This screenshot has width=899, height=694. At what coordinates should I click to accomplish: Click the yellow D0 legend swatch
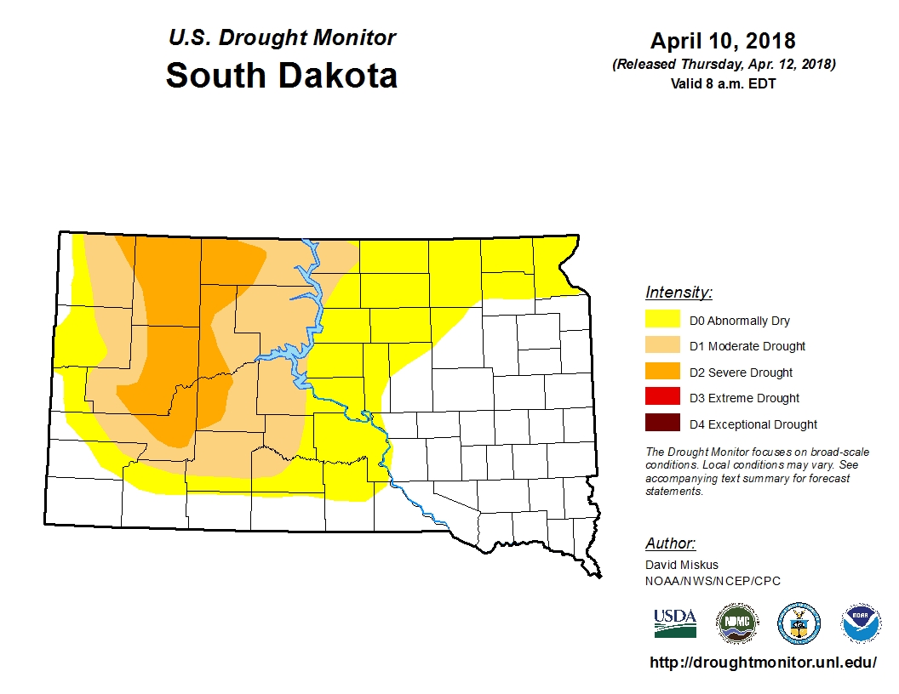pos(662,320)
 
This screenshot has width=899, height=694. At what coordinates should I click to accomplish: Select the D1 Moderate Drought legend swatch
pos(662,345)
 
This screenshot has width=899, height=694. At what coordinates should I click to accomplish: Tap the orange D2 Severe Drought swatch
pos(662,371)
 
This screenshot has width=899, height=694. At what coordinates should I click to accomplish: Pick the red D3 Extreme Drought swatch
pos(662,397)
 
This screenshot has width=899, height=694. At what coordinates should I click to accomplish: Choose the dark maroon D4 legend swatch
pos(662,423)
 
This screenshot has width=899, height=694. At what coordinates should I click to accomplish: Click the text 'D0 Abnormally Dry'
pos(739,321)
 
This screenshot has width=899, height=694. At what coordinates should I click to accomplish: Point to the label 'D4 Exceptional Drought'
pos(753,424)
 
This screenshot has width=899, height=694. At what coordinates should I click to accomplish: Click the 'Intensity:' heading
pos(679,293)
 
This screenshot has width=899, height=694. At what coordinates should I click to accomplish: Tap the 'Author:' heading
pos(670,543)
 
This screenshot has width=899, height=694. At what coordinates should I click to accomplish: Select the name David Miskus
pos(681,565)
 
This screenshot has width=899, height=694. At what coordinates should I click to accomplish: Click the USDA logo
pos(675,623)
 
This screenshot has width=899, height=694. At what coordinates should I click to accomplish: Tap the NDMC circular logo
pos(736,623)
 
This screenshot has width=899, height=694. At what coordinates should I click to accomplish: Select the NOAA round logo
pos(861,623)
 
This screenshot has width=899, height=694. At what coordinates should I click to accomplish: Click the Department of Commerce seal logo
pos(799,623)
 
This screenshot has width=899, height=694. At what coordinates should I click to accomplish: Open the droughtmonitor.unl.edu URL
pos(763,662)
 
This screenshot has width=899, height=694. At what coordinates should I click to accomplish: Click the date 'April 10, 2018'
pos(723,41)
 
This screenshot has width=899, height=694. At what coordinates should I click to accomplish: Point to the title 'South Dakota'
pos(281,75)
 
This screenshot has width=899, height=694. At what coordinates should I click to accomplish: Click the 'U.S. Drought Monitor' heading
pos(282,37)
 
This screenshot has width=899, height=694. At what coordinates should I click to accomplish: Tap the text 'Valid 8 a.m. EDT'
pos(723,83)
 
